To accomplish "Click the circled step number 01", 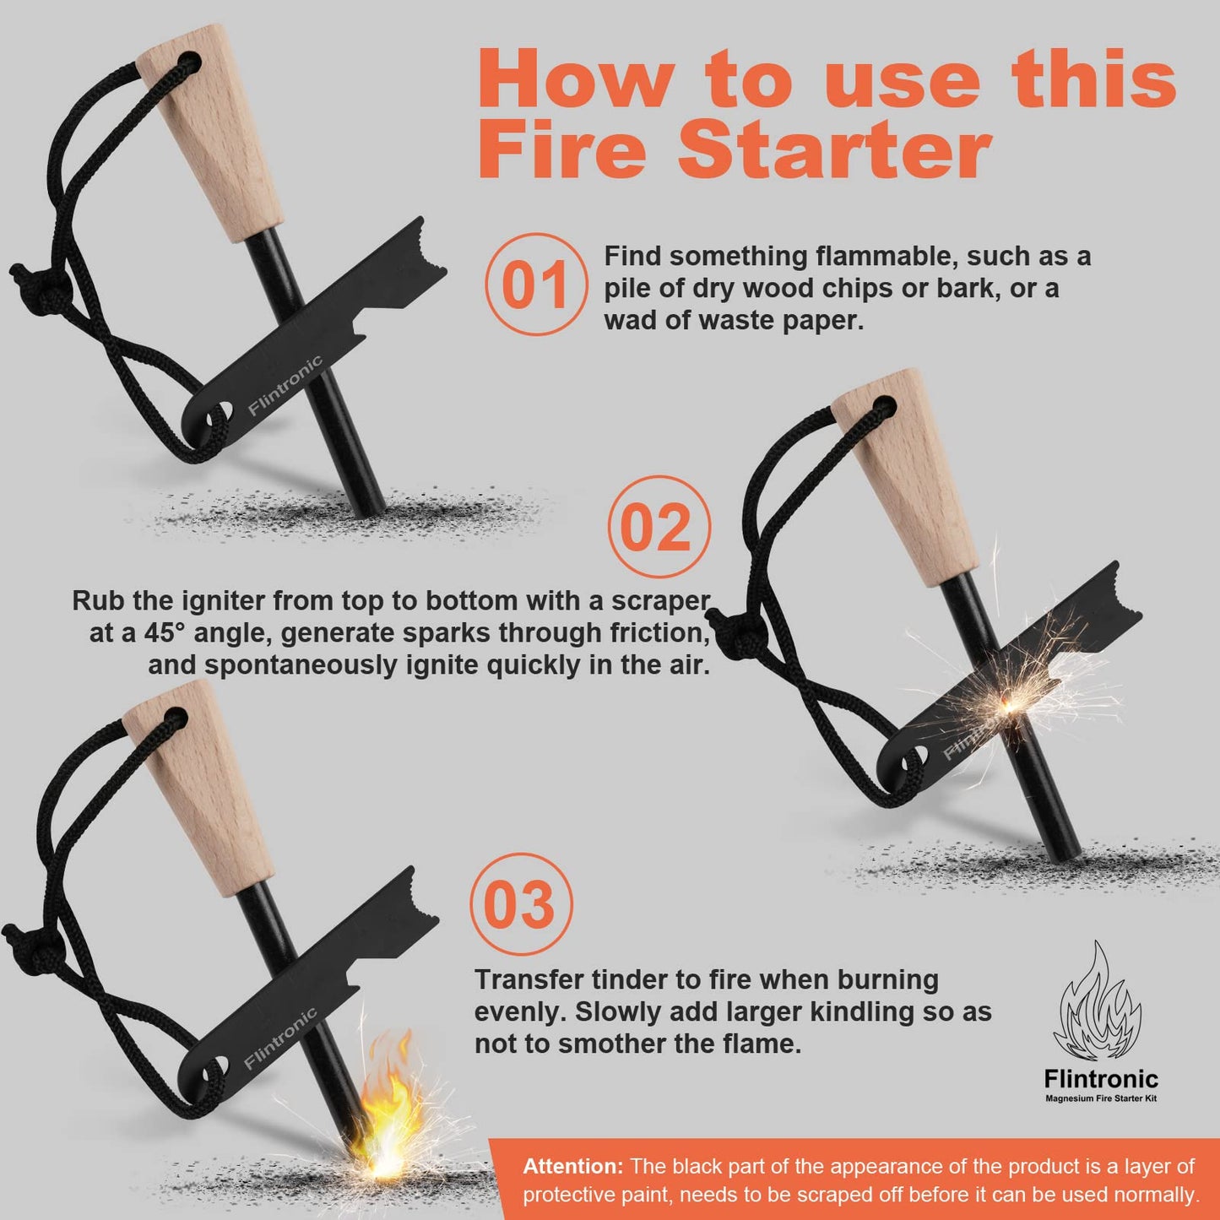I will [535, 285].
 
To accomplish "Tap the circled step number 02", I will [659, 527].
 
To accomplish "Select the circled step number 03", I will [520, 904].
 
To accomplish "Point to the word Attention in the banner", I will [572, 1167].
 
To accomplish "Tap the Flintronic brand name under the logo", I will [1100, 1079].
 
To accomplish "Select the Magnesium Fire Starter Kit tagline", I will [1100, 1098].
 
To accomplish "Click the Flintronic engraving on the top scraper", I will [285, 386].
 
